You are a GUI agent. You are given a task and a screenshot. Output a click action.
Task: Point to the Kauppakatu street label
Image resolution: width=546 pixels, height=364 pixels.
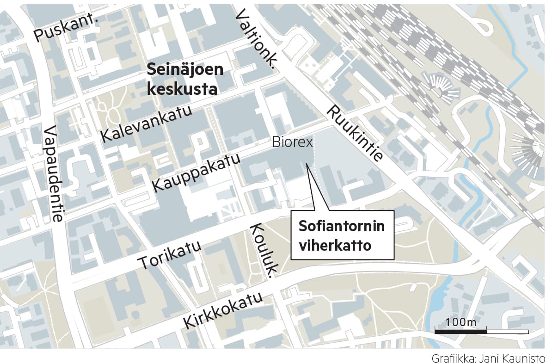tap(197, 173)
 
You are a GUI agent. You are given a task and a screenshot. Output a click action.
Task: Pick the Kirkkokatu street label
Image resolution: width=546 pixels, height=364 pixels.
tap(224, 310)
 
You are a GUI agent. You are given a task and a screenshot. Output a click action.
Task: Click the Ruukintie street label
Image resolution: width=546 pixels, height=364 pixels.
tap(355, 134)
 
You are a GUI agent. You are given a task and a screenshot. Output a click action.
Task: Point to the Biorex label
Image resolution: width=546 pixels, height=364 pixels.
tap(293, 142)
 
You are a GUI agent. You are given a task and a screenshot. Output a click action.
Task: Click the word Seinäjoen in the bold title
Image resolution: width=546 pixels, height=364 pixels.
tap(185, 71)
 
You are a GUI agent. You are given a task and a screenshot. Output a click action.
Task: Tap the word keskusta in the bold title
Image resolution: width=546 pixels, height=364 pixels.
tap(182, 89)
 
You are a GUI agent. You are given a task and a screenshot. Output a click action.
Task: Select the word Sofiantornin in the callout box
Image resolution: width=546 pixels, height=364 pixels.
tap(342, 227)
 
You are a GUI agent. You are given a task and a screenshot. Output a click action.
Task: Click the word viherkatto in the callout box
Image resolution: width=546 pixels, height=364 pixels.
tap(335, 246)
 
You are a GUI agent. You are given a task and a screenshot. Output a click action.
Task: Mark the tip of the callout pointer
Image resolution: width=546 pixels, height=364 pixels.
tap(307, 163)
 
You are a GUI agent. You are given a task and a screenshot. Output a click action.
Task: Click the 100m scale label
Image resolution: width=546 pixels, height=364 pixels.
tap(461, 322)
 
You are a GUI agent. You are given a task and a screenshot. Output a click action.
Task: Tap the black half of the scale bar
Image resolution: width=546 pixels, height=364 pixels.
tap(460, 331)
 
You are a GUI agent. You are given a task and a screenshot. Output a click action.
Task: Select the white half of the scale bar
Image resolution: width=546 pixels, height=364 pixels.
tap(507, 331)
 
